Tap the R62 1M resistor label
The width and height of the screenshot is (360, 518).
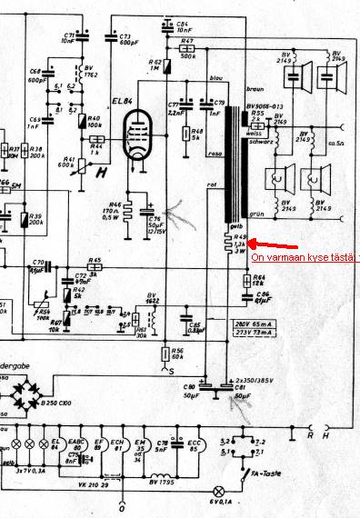(x=155, y=67)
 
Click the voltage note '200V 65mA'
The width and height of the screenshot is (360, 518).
(x=253, y=324)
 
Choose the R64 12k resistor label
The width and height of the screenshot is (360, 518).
(x=258, y=282)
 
